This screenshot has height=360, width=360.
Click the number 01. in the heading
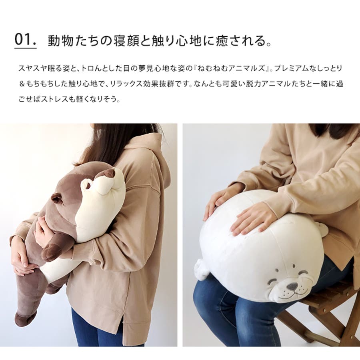[26, 40]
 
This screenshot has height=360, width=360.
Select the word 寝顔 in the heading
[127, 41]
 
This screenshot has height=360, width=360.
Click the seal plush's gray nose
[292, 286]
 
